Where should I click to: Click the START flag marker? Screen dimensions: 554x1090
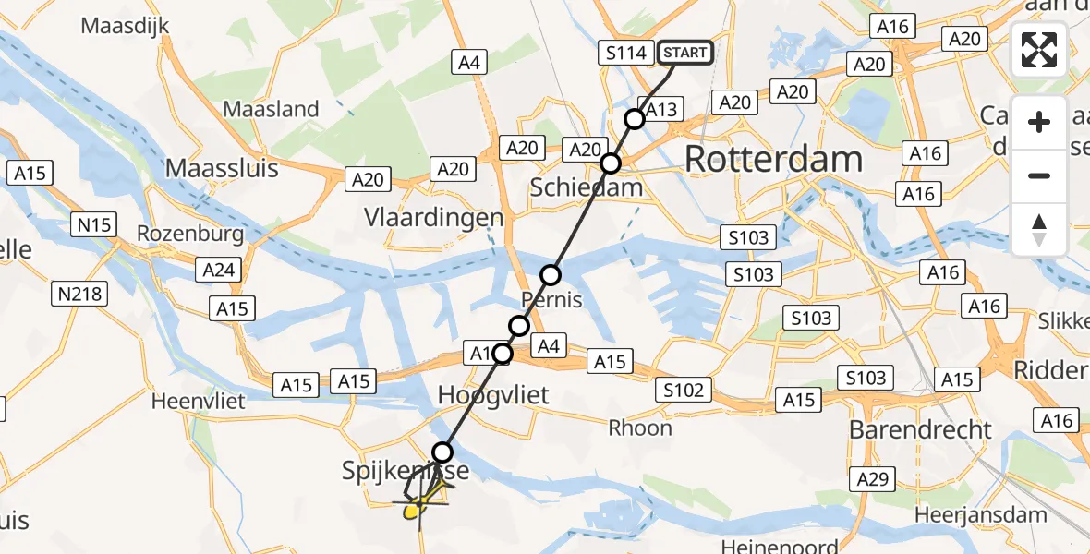[x=684, y=53]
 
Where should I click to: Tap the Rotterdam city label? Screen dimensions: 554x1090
[x=774, y=160]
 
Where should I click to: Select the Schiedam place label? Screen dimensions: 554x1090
[x=586, y=187]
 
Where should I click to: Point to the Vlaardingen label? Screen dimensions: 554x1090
[x=433, y=219]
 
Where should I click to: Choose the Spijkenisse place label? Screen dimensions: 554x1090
[x=407, y=471]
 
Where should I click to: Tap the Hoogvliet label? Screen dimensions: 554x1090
[x=493, y=395]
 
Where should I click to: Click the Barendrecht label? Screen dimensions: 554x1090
[x=920, y=429]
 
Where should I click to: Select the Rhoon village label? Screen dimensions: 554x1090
[x=639, y=428]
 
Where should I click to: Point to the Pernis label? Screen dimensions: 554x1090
[x=552, y=299]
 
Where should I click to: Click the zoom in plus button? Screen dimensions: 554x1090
[x=1039, y=122]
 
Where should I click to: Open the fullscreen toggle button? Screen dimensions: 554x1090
[x=1039, y=50]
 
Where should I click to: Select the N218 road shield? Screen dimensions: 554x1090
[x=80, y=295]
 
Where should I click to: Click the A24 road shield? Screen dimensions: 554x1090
[x=218, y=270]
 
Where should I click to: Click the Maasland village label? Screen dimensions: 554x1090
[x=272, y=109]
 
